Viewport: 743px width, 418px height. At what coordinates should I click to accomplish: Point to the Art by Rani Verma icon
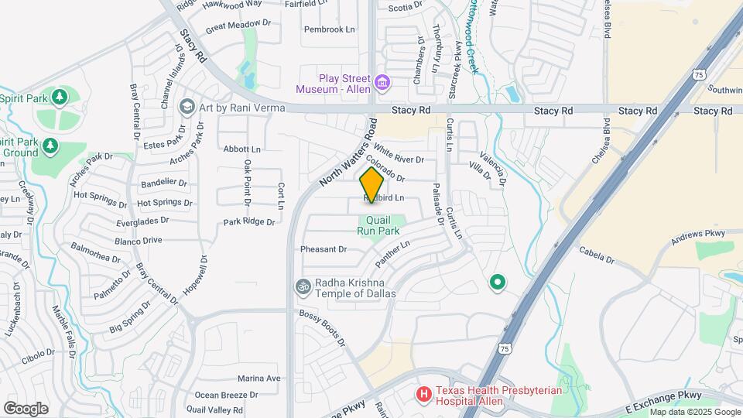pos(187,106)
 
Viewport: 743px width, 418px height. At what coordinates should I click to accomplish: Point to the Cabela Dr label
pos(596,255)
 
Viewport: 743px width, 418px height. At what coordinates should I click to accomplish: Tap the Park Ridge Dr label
pos(249,221)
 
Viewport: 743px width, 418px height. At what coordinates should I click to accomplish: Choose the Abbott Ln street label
pos(242,149)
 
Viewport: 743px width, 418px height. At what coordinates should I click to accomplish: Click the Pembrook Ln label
pos(329,29)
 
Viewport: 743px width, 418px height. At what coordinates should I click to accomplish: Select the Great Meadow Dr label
pos(238,25)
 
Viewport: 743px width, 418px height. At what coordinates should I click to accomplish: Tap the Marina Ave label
pos(259,379)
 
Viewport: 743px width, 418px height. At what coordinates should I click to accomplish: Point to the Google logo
pos(26,408)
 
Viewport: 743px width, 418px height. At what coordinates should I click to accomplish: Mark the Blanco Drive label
pos(139,241)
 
